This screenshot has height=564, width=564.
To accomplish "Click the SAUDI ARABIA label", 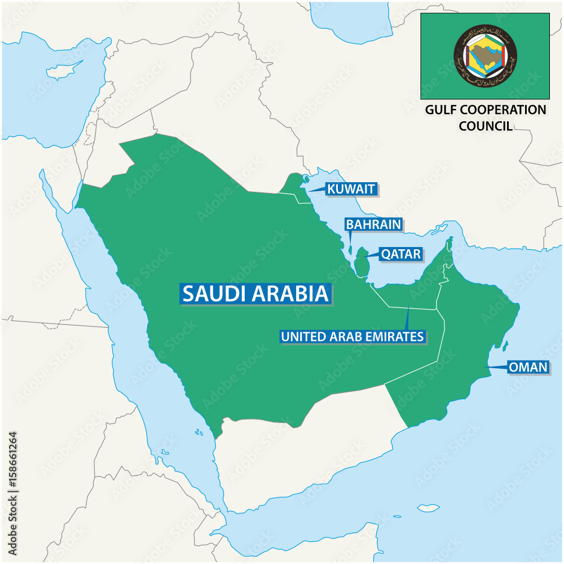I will coord(255,293).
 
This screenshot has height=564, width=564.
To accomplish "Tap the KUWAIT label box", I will coord(350,189).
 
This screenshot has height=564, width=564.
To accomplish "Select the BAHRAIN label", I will coord(373,224).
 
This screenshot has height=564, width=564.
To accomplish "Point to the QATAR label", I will coord(400,254).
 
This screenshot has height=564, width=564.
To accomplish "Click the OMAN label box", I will coord(528,367).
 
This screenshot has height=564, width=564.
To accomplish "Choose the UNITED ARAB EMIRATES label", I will coord(352,337).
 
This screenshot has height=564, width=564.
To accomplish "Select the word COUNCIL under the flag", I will coord(486,125).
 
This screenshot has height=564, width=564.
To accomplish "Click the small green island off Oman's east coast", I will coord(505,345).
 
